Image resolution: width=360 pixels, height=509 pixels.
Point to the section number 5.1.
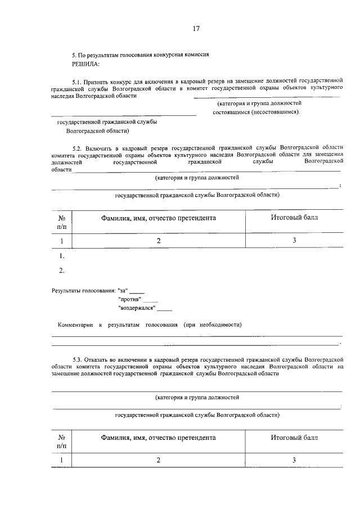coord(78,82)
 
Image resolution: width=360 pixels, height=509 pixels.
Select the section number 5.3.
coord(78,358)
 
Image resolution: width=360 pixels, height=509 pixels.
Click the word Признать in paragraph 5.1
coord(99,82)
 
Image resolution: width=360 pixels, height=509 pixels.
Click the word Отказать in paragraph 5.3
coord(99,358)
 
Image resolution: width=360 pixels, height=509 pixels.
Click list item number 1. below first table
coord(62,256)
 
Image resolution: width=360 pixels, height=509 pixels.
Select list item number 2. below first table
coord(62,271)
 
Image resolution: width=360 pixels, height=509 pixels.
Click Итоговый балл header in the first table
coord(294,217)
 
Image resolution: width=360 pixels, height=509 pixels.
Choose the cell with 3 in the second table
coord(294,460)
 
